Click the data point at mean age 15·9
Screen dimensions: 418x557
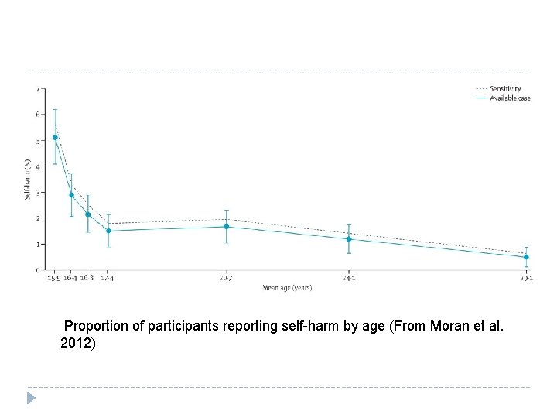point(55,138)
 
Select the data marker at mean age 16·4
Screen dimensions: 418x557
point(71,195)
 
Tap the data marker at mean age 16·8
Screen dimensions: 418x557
point(87,214)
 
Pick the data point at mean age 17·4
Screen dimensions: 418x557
point(108,231)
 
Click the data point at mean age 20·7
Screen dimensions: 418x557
point(226,227)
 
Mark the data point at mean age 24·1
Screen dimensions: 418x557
point(349,239)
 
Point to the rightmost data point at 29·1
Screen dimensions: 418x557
point(526,257)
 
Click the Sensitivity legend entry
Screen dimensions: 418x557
point(503,89)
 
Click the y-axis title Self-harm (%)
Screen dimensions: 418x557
point(29,180)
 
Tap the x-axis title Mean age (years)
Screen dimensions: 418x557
point(287,288)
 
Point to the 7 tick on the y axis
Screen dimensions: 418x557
point(39,89)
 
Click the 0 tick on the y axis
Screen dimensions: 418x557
point(39,270)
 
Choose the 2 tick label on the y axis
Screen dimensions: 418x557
point(39,218)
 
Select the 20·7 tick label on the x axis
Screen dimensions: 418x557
point(226,278)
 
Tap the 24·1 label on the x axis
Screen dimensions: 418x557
point(349,278)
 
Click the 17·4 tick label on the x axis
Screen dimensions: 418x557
point(108,278)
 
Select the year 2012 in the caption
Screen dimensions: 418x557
point(76,342)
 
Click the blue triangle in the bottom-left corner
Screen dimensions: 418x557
point(31,398)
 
